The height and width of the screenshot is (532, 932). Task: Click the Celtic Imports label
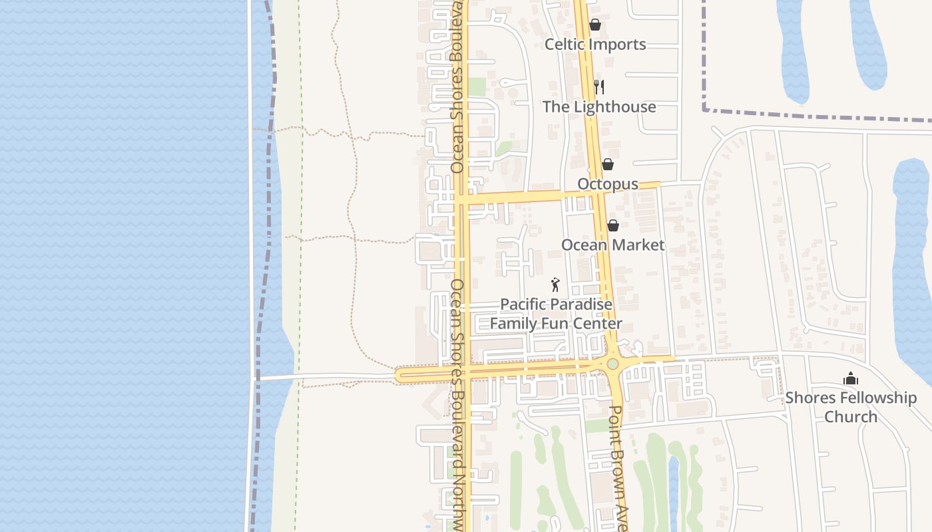(x=595, y=45)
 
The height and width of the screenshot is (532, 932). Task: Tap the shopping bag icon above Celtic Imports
(x=595, y=25)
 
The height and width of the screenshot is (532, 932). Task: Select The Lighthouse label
(x=599, y=107)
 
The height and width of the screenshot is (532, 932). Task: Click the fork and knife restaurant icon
(x=599, y=87)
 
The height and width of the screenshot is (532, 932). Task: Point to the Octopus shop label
(x=608, y=184)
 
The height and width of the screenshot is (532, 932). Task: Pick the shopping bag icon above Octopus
(x=608, y=164)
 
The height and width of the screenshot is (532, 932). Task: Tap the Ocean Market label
(x=612, y=245)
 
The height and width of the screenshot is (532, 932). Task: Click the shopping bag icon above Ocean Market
(x=613, y=225)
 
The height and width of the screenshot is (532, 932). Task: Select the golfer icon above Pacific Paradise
(x=556, y=285)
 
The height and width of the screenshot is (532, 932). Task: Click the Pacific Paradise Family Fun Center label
(x=556, y=314)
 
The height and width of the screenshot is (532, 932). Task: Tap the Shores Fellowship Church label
(x=851, y=407)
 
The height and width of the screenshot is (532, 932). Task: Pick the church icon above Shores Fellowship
(x=851, y=379)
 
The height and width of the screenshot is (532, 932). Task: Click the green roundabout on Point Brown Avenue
(x=612, y=364)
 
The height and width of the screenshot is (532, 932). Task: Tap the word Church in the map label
(x=851, y=417)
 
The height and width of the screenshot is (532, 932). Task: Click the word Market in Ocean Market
(x=638, y=245)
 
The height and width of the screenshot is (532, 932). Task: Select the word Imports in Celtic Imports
(x=618, y=45)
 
